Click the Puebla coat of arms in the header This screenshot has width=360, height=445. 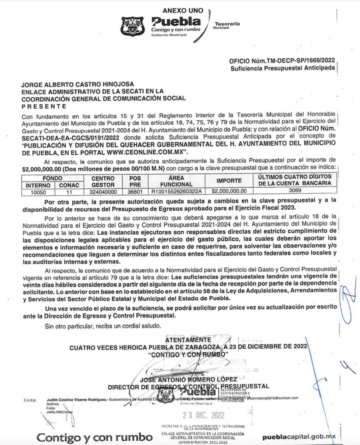coord(133,27)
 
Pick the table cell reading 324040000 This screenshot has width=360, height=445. coord(103,191)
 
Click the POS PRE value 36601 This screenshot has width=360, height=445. coord(132,191)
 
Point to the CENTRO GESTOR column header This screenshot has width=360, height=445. coord(103,181)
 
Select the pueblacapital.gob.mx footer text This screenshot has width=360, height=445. coord(299,437)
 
